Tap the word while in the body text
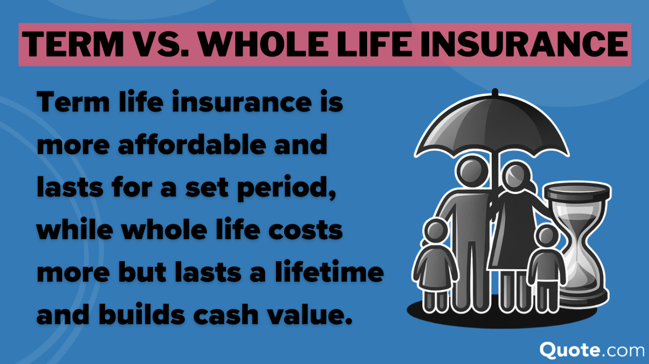(x=72, y=230)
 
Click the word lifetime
(x=333, y=273)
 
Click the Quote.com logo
(x=592, y=349)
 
